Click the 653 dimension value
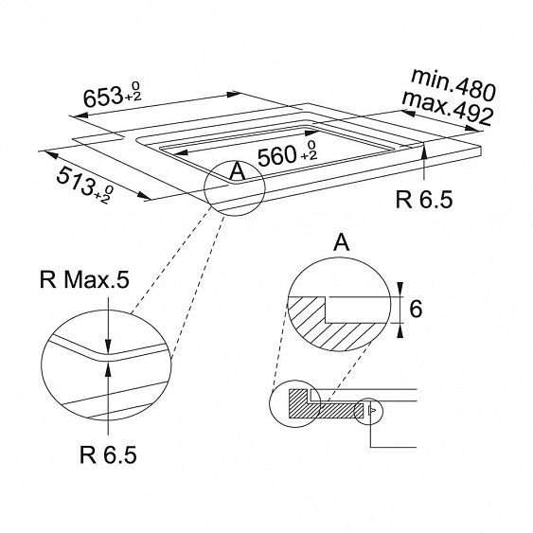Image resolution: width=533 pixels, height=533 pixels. (102, 98)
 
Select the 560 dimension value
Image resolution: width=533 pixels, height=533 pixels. (277, 155)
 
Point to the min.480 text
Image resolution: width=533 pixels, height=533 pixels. (453, 85)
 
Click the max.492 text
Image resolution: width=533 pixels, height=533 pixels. (448, 108)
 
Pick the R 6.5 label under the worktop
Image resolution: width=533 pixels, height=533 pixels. (424, 199)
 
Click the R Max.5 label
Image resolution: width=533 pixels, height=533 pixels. (84, 280)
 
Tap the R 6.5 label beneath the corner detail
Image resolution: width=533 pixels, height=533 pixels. (108, 454)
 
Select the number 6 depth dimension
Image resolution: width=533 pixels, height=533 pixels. (416, 309)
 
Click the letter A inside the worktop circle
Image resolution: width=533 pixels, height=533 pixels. (238, 171)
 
